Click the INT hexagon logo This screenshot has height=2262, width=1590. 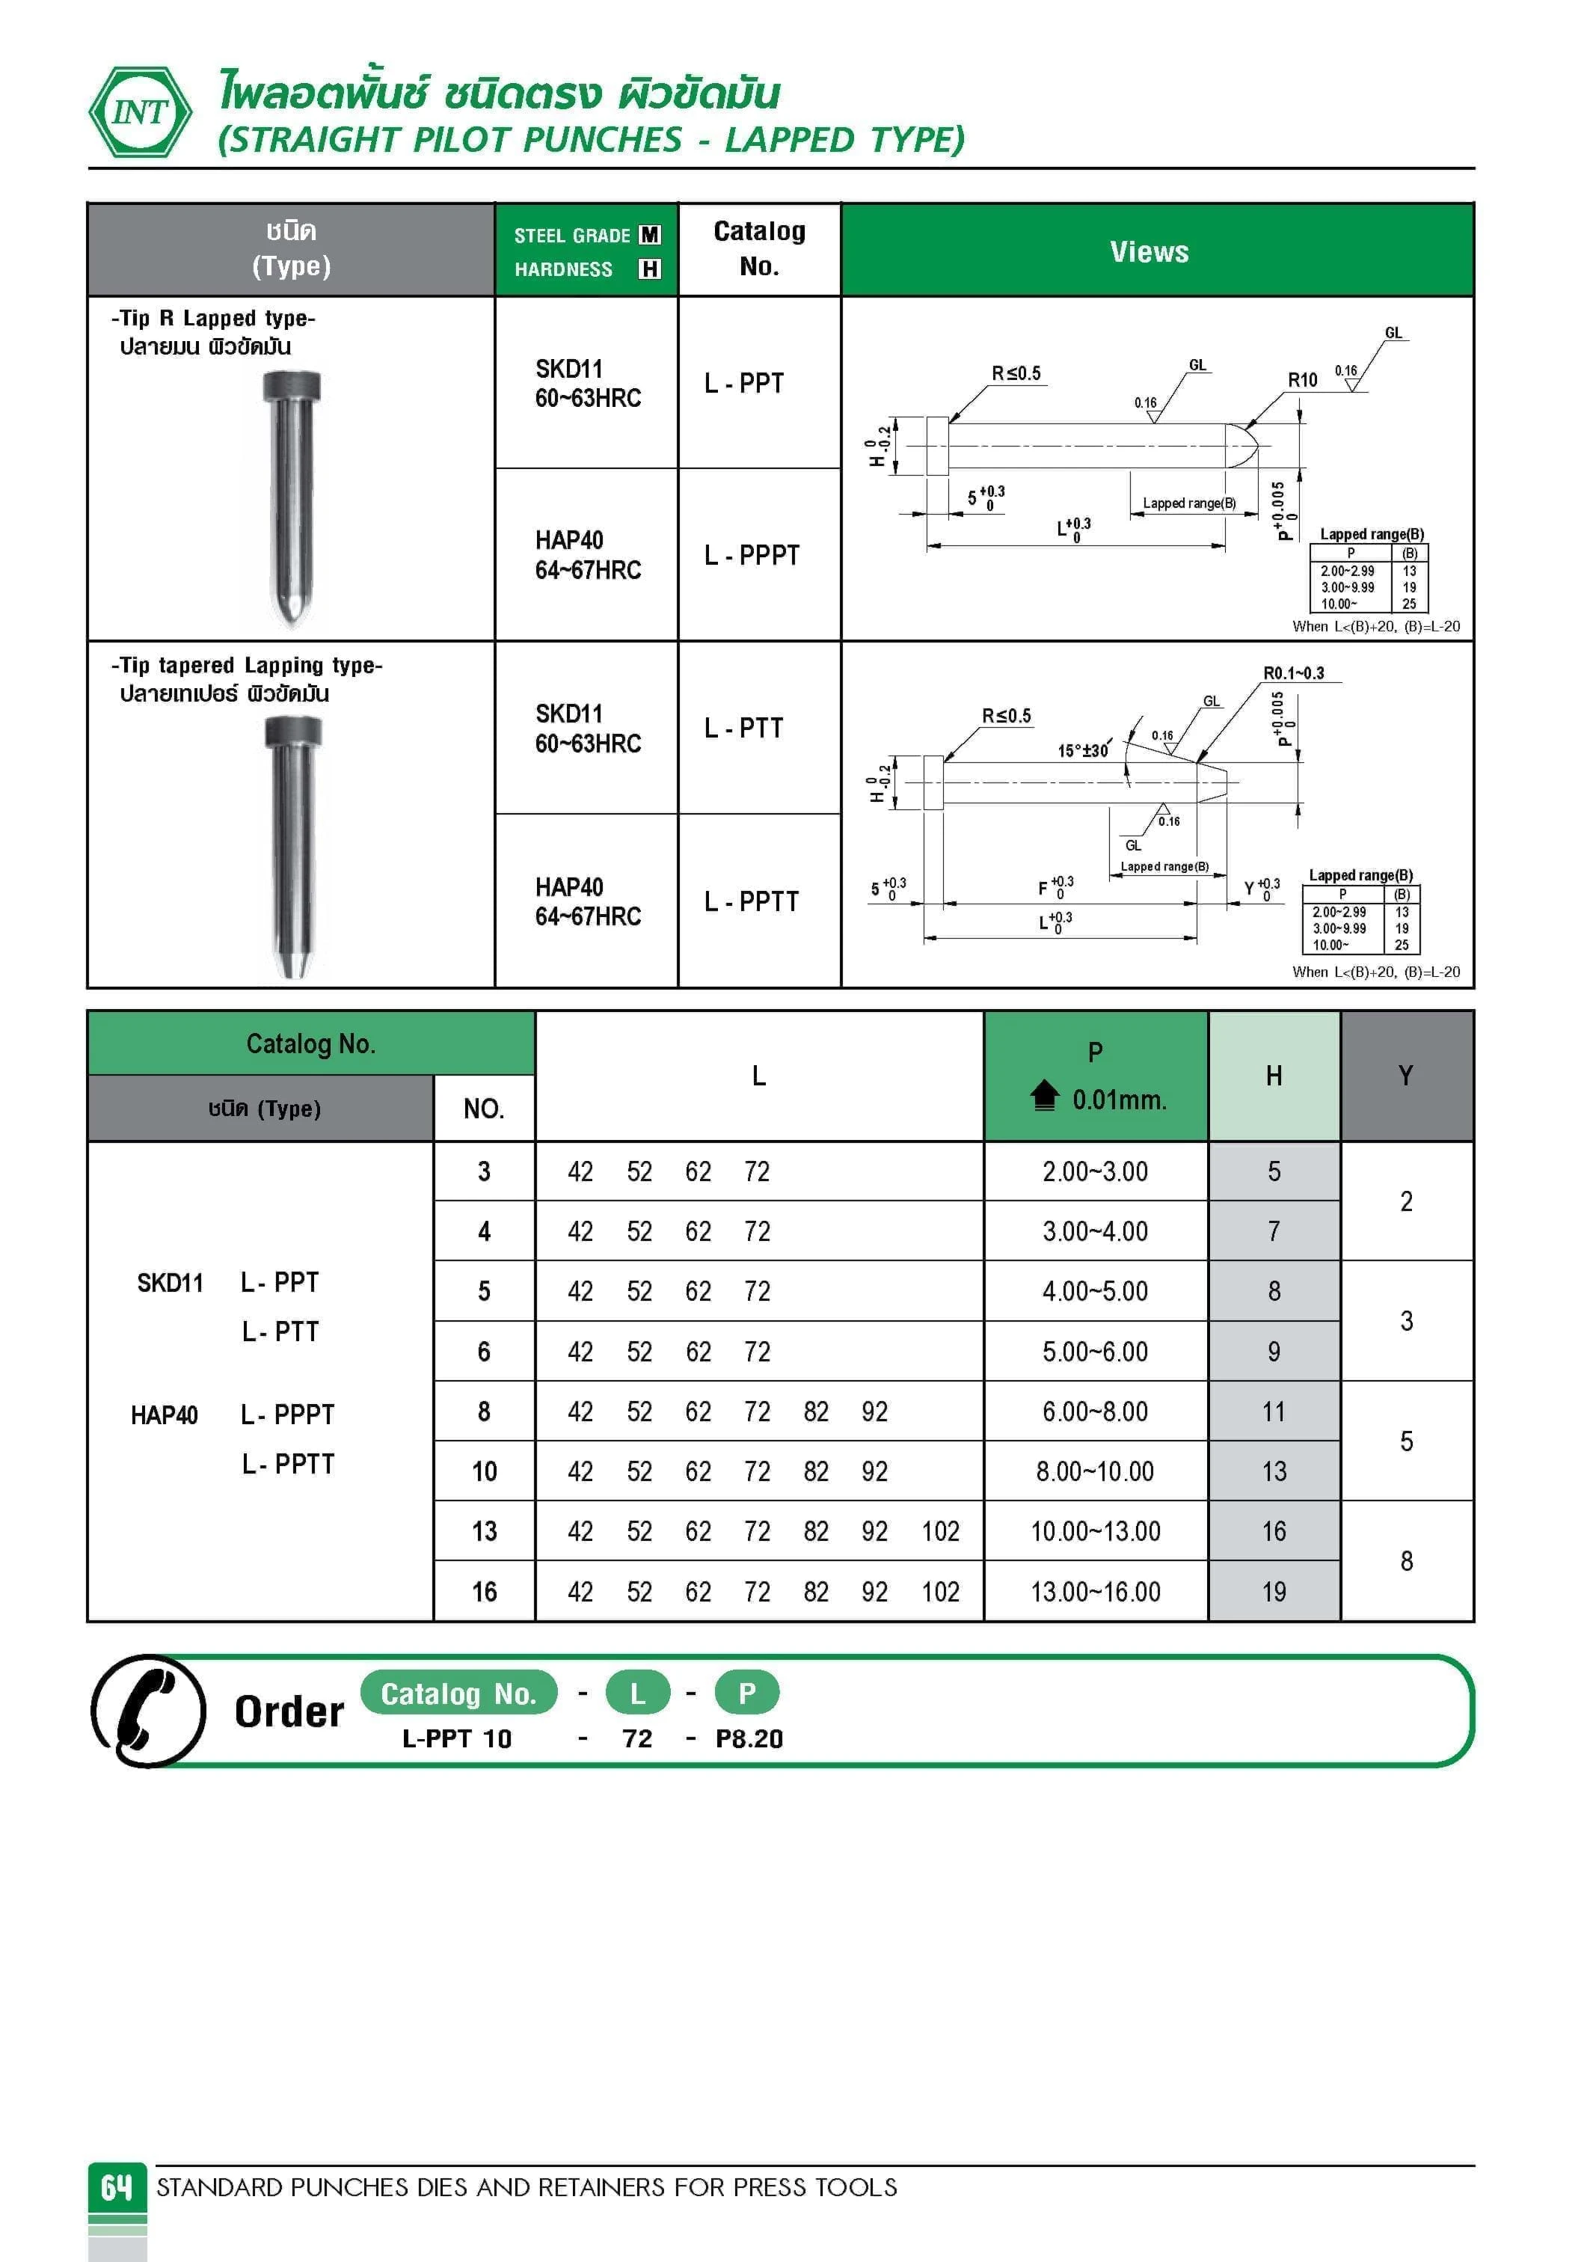[x=140, y=112]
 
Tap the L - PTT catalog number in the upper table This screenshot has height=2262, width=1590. [x=744, y=728]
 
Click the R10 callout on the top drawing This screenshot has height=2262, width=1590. [x=1301, y=380]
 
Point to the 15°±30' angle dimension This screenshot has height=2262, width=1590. [x=1083, y=751]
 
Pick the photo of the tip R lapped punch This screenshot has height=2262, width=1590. [x=292, y=497]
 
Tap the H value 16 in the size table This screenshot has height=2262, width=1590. [x=1274, y=1531]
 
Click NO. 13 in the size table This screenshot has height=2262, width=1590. [x=484, y=1531]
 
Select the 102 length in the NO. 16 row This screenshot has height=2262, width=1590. [x=940, y=1591]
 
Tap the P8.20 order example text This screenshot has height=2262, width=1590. [x=749, y=1739]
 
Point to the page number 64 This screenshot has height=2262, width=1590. [x=116, y=2186]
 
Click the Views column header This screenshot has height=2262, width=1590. [x=1149, y=251]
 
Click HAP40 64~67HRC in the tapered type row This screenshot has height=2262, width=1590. [x=587, y=901]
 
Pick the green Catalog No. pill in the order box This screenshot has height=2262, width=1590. [x=458, y=1693]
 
